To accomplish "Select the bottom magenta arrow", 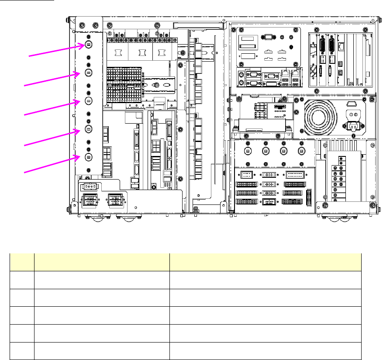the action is tap(53, 164).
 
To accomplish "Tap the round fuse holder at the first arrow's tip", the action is tap(88, 44).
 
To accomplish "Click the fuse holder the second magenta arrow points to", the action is tap(88, 73).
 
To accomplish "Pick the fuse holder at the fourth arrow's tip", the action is tap(88, 129).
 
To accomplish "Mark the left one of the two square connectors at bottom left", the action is tap(90, 201).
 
